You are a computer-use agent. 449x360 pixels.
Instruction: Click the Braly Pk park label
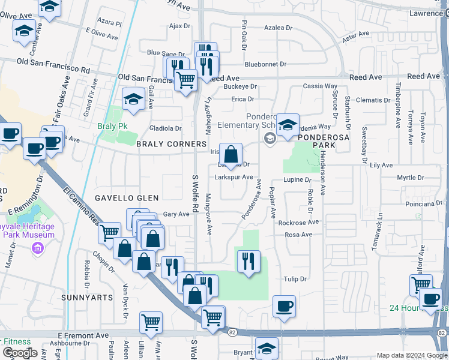[109, 127]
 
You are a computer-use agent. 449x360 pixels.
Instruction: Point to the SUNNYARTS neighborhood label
[87, 297]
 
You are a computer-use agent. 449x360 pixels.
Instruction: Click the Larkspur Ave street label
[234, 178]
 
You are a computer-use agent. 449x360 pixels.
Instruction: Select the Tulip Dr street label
[295, 279]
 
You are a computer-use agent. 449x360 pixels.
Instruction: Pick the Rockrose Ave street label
[299, 222]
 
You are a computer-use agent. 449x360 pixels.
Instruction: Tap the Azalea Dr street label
[278, 28]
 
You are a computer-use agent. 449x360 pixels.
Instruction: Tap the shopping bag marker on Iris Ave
[231, 154]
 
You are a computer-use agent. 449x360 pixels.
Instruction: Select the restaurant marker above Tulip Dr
[248, 261]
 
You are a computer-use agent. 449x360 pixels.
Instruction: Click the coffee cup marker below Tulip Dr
[284, 306]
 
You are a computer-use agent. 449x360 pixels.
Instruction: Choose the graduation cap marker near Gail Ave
[133, 99]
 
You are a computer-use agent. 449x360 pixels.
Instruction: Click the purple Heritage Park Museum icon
[38, 247]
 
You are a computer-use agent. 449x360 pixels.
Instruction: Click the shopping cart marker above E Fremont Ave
[151, 322]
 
